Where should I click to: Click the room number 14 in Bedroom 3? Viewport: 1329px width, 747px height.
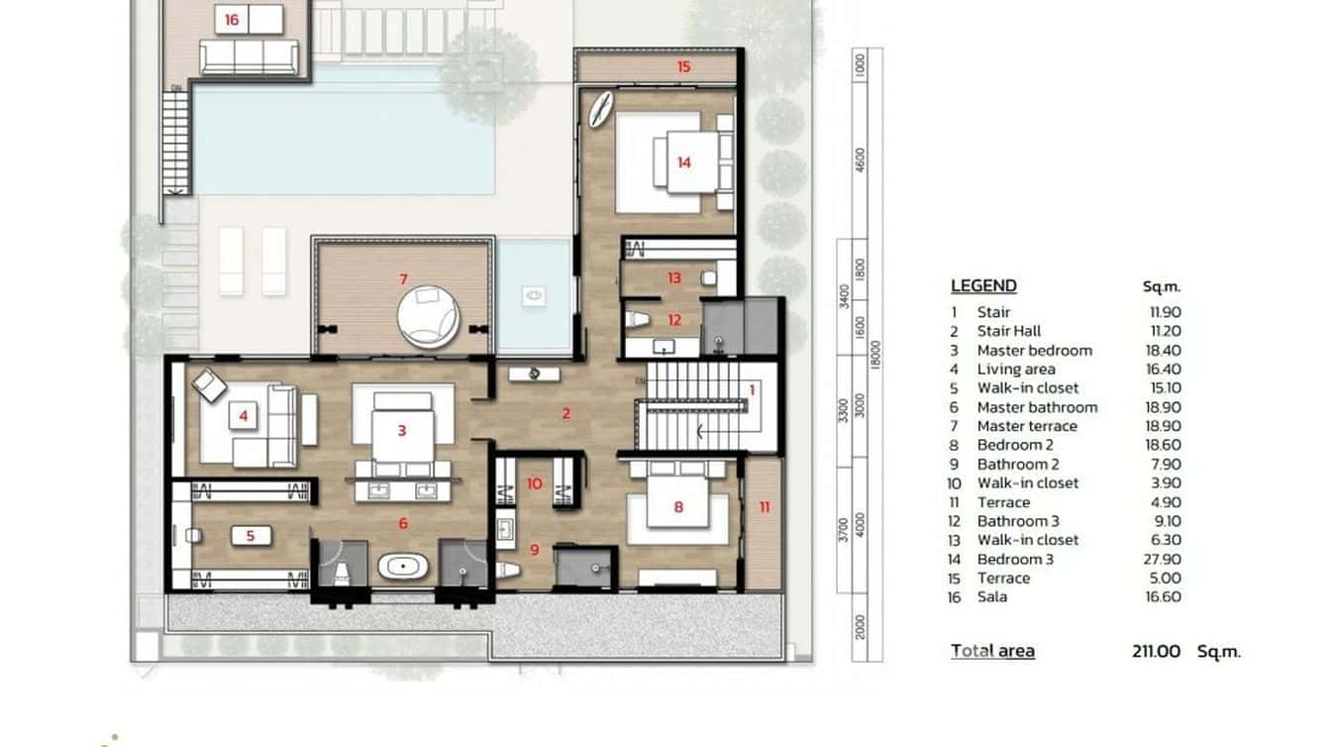coord(683,162)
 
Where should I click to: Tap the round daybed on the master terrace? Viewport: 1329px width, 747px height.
coord(429,317)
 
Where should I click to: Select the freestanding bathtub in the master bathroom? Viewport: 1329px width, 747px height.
coord(404,568)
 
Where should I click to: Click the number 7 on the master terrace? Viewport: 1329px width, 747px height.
coord(403,278)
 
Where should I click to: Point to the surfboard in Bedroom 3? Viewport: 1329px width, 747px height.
coord(600,109)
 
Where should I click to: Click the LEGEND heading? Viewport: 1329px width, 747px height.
coord(983,286)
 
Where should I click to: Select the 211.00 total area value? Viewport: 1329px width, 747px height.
coord(1157,651)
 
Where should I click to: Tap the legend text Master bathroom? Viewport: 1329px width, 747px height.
coord(1037,407)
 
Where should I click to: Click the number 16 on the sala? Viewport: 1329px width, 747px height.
coord(232,19)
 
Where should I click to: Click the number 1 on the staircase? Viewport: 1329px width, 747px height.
coord(752,390)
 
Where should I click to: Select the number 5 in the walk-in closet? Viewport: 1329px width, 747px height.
coord(251,536)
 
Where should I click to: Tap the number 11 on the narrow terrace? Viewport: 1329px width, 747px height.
coord(764,507)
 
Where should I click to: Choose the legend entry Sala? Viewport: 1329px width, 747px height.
coord(991,596)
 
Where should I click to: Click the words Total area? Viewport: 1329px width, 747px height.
coord(992,651)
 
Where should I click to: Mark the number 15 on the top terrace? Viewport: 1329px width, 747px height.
coord(683,66)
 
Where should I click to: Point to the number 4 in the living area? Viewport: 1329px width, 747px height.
coord(243,417)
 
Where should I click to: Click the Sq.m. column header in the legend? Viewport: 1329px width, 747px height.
coord(1162,287)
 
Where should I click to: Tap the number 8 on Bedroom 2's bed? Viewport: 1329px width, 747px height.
coord(678,507)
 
